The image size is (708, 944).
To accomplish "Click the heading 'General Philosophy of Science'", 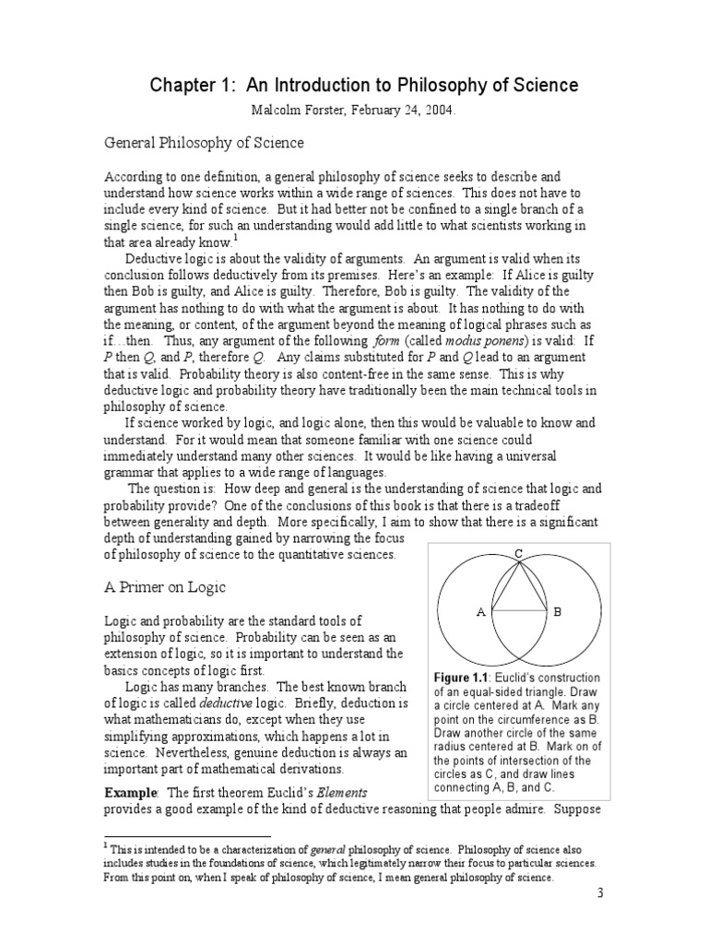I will tap(203, 143).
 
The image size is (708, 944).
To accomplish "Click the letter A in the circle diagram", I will tap(480, 611).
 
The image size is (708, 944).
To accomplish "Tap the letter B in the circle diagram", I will tap(557, 611).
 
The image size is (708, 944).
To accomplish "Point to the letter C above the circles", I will tap(519, 552).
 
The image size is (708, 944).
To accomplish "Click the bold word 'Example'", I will tap(131, 792).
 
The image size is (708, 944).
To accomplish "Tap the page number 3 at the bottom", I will tap(600, 918).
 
